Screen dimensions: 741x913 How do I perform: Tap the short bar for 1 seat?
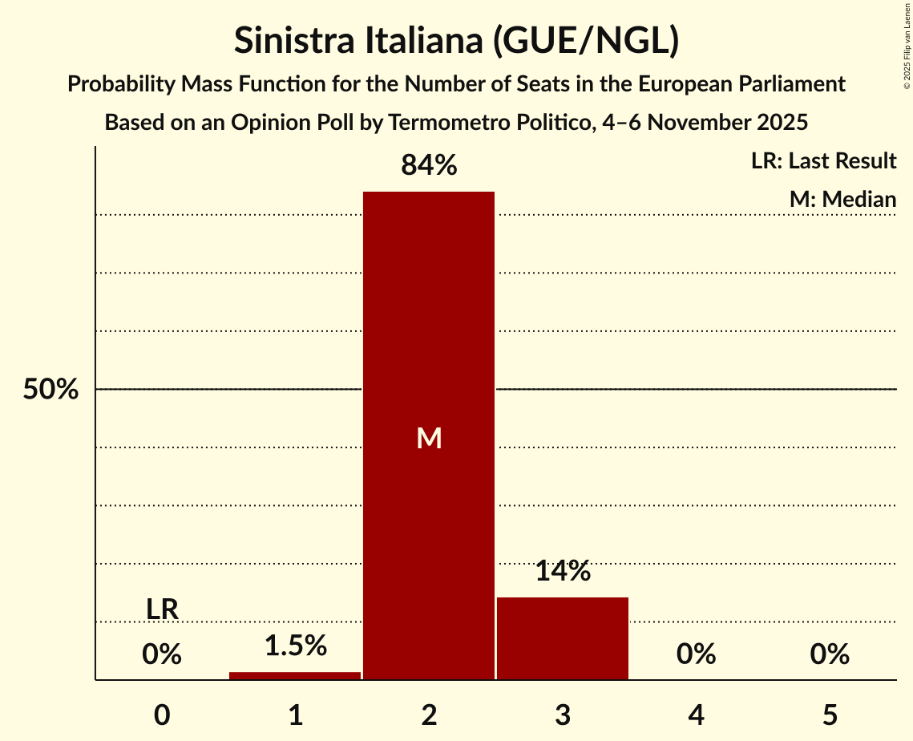(x=295, y=675)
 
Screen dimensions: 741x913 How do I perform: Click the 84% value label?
(x=429, y=166)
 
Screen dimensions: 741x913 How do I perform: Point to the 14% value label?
(x=562, y=571)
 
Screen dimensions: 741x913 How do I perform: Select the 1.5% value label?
(x=295, y=646)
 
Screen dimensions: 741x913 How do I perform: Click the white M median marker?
(x=429, y=438)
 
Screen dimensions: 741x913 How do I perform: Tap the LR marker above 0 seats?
(x=162, y=609)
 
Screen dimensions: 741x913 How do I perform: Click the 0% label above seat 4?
(x=696, y=654)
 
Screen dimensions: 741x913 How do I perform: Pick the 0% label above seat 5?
(x=829, y=654)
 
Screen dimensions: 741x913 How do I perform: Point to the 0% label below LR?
(x=162, y=654)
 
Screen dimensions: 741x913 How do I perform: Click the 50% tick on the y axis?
(x=50, y=390)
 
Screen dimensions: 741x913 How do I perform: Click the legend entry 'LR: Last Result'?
(x=823, y=161)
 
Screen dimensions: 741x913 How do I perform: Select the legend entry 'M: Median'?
(x=842, y=199)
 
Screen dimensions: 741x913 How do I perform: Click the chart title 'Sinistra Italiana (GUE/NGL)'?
(x=456, y=41)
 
